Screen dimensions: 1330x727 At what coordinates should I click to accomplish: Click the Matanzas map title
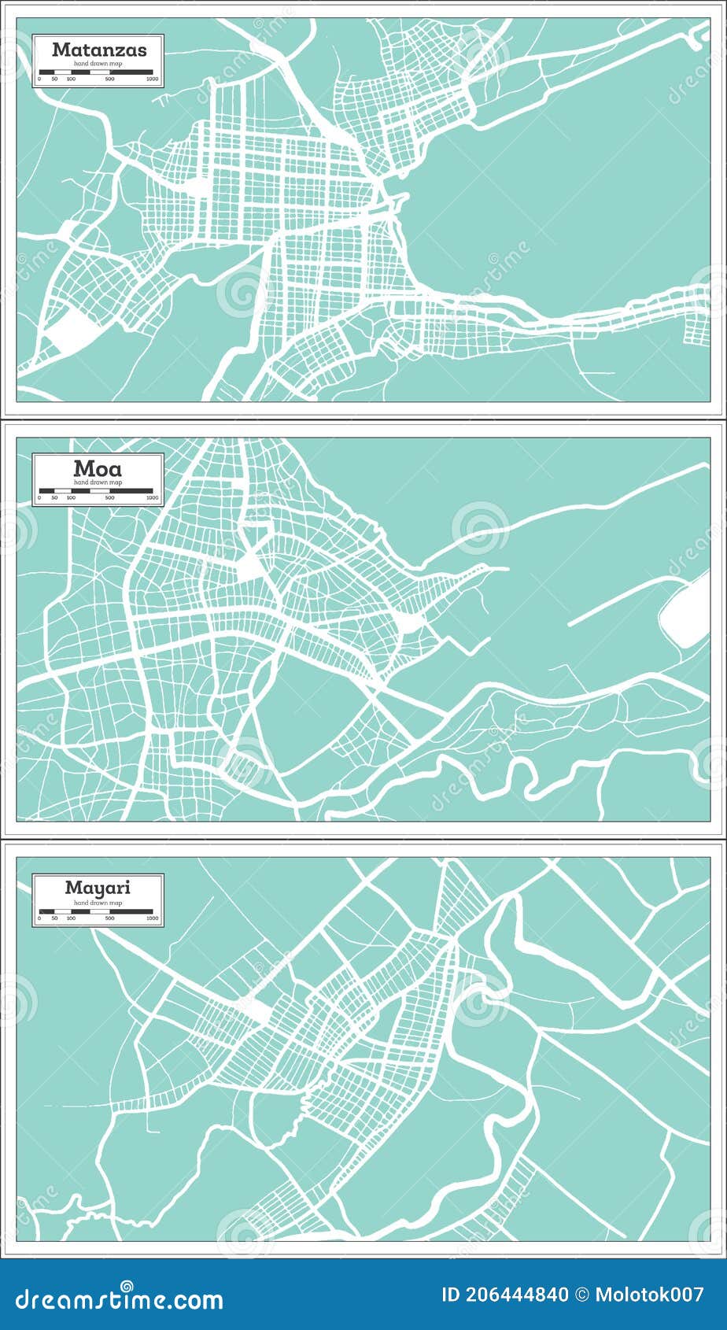coord(99,50)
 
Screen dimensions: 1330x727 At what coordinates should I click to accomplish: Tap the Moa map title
coord(98,468)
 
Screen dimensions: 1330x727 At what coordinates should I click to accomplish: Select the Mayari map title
coord(98,888)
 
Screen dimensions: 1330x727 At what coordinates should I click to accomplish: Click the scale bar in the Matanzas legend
coord(96,72)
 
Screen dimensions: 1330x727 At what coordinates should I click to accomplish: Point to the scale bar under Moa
coord(96,491)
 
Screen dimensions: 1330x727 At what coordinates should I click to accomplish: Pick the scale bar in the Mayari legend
coord(96,911)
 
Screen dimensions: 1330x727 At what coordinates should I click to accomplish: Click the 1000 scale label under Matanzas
coord(152,79)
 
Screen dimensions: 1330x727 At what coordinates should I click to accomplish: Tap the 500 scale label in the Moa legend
coord(109,498)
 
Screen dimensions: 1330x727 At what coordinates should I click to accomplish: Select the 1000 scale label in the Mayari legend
coord(152,918)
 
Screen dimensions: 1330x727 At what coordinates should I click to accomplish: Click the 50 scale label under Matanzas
coord(54,79)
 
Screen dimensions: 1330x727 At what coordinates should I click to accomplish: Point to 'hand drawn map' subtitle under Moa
coord(98,482)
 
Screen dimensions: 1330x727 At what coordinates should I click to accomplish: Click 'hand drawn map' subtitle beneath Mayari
coord(98,902)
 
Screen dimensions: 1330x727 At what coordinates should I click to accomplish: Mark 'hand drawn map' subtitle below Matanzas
coord(98,63)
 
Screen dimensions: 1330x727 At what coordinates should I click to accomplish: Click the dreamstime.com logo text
coord(119,1299)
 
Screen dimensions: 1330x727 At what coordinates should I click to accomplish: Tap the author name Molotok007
coord(650,1295)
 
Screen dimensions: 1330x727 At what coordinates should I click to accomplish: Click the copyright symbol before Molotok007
coord(582,1295)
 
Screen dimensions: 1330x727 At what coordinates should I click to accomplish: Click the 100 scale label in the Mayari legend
coord(71,918)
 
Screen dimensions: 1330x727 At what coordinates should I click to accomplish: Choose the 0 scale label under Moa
coord(39,498)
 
